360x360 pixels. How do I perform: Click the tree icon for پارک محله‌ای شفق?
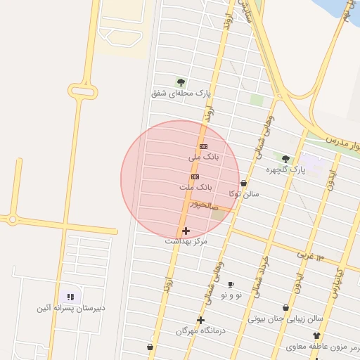181,82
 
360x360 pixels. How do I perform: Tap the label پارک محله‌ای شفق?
181,93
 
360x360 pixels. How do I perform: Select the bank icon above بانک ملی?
204,146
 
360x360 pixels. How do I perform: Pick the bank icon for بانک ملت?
195,176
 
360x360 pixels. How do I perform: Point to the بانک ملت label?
195,188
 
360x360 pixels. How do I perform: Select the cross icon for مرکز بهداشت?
186,230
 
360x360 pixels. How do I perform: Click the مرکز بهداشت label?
186,241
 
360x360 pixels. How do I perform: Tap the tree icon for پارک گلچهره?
285,159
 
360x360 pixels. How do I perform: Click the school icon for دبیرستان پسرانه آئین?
70,297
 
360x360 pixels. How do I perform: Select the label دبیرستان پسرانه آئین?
71,308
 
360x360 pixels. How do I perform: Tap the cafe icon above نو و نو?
231,284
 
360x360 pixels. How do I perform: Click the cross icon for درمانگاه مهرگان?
200,320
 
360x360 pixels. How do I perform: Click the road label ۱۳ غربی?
310,254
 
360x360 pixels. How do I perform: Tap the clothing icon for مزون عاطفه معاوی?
316,336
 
